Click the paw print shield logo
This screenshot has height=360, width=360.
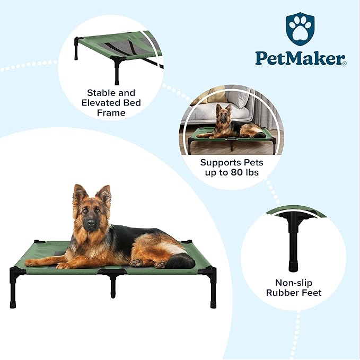[300, 29]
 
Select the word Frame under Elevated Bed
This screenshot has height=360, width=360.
[111, 113]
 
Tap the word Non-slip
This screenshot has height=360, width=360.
[294, 283]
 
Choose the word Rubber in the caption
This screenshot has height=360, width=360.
[283, 293]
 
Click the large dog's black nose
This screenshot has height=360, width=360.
[91, 222]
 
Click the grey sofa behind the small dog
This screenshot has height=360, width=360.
[221, 112]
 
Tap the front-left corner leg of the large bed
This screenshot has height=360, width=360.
[13, 290]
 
